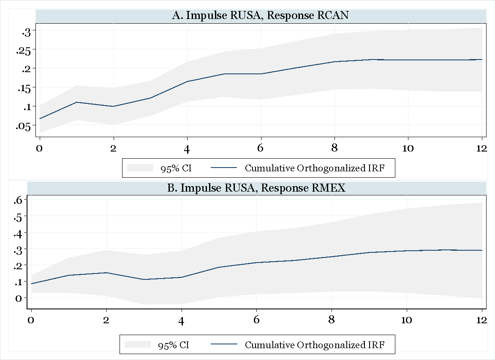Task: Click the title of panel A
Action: [260, 16]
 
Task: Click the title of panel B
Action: [256, 188]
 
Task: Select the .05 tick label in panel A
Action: [23, 126]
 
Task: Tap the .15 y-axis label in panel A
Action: [23, 88]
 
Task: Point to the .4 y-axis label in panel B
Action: [20, 233]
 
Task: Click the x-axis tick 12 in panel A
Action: [481, 149]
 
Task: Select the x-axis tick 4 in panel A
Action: [187, 149]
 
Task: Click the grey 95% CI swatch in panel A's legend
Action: [140, 168]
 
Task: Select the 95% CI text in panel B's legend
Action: [174, 345]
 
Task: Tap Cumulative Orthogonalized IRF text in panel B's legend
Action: [315, 345]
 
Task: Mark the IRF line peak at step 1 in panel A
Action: [76, 102]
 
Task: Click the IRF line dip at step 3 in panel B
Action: [144, 279]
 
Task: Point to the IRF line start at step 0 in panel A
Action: [40, 119]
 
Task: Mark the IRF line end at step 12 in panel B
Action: [482, 250]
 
